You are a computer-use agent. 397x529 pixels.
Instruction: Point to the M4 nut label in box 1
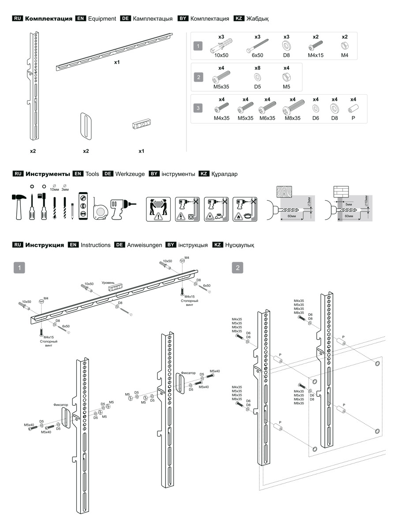coord(345,56)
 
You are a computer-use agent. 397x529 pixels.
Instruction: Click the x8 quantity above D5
coord(257,68)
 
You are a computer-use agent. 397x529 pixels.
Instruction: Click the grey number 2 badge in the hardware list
coord(199,78)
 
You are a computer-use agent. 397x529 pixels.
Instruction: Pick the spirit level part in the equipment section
coord(142,125)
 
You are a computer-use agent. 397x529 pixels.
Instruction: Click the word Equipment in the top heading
coord(102,19)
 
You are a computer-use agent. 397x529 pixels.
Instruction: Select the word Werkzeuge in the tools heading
coord(130,174)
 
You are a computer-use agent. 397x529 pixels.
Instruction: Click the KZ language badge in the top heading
coord(238,19)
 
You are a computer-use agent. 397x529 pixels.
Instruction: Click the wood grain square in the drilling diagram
coord(285,192)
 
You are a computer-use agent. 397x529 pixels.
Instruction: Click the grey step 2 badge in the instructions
coord(238,267)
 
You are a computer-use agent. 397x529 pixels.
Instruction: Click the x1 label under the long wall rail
coord(117,63)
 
